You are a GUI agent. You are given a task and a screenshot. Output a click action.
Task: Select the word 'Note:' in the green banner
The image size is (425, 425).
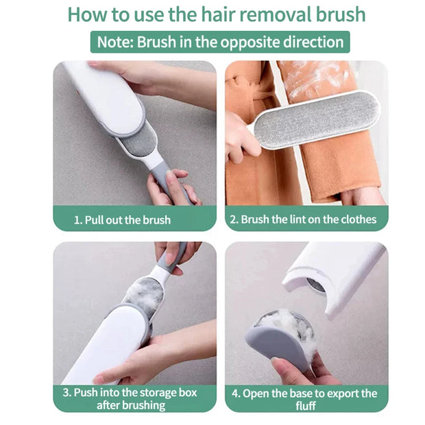[x=115, y=42]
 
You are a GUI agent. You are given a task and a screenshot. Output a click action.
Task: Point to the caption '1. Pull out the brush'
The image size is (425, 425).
[x=123, y=220]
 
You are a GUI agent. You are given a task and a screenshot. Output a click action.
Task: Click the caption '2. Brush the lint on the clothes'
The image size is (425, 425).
[x=304, y=220]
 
